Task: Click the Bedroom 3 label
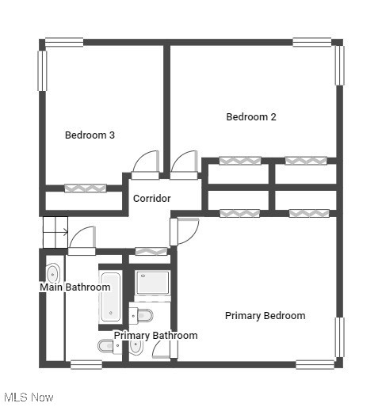click(90, 135)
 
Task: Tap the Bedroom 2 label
click(251, 117)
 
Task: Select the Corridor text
click(151, 198)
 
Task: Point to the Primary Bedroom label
click(265, 316)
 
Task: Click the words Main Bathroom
click(75, 287)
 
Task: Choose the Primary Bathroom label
click(155, 336)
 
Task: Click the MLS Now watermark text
click(29, 397)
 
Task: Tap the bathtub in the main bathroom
click(109, 302)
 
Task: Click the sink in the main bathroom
click(52, 275)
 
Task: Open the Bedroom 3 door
click(146, 162)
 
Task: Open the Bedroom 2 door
click(184, 164)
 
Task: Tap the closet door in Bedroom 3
click(85, 188)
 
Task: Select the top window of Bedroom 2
click(311, 42)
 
